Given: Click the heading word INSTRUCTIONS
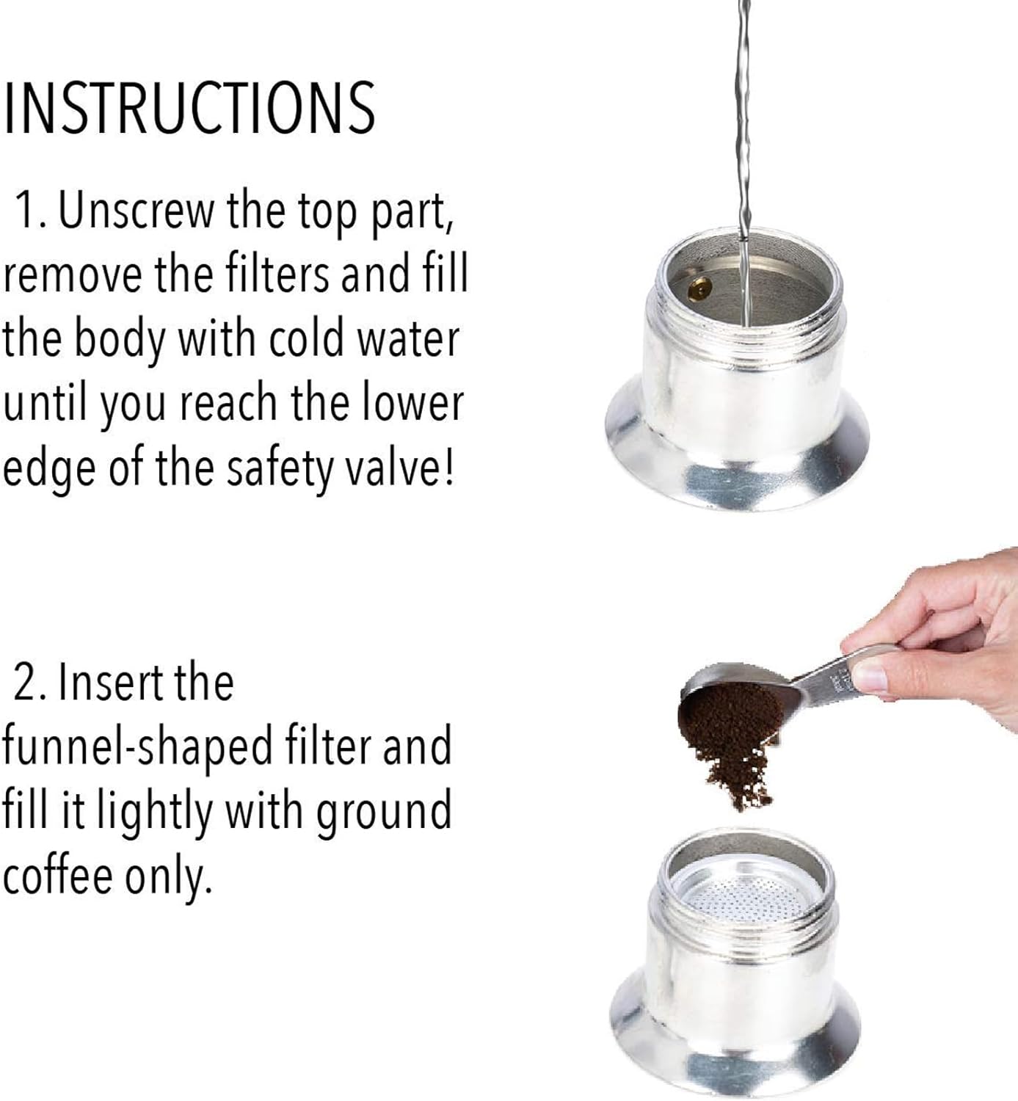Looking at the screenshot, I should tap(189, 108).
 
